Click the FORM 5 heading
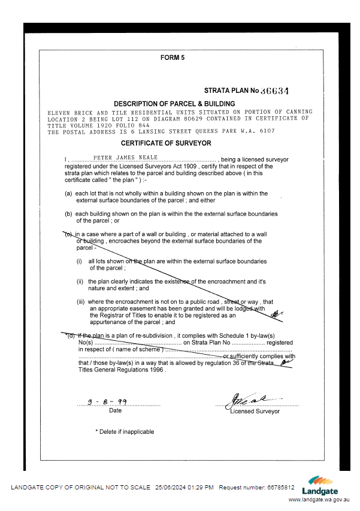tap(173, 58)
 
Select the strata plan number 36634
tap(276, 91)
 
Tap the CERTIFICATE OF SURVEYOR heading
tap(166, 143)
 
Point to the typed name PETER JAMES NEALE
tap(125, 157)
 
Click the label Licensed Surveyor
tap(255, 412)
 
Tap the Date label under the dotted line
tap(115, 411)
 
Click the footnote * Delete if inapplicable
tap(125, 431)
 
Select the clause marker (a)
tap(69, 193)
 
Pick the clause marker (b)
tap(69, 214)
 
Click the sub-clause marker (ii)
tap(80, 282)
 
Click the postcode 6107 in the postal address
tap(267, 131)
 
